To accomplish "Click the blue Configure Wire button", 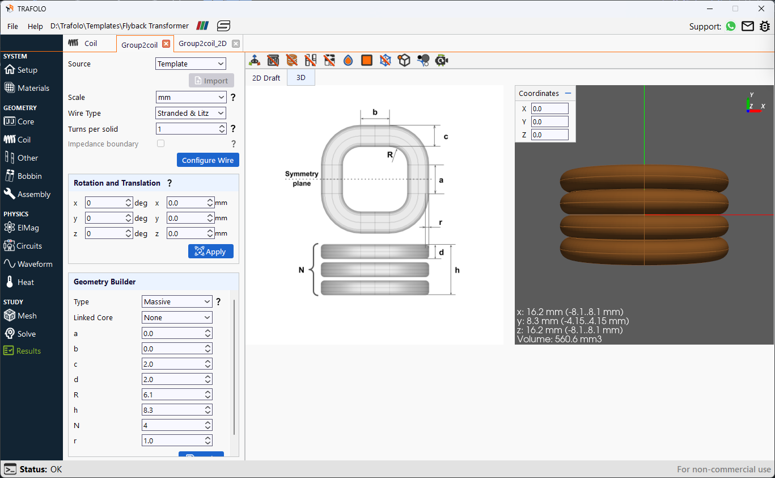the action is click(x=207, y=160).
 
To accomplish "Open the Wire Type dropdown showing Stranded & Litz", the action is click(x=190, y=114).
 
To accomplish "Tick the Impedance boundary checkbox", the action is click(x=160, y=144).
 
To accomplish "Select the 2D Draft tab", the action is click(x=266, y=78).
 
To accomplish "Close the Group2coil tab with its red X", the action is click(x=166, y=44).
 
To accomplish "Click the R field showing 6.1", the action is click(x=177, y=395).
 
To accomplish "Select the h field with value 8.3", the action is click(x=177, y=410).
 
